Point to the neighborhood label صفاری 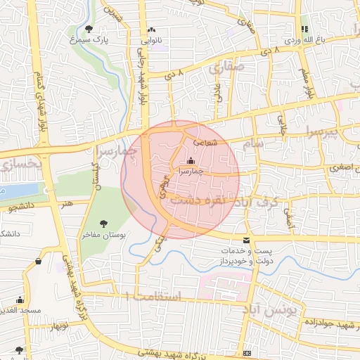click(x=226, y=69)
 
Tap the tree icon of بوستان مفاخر click(x=104, y=224)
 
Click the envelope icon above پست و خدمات click(x=246, y=241)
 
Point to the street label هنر click(x=67, y=203)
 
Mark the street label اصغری click(x=337, y=169)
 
